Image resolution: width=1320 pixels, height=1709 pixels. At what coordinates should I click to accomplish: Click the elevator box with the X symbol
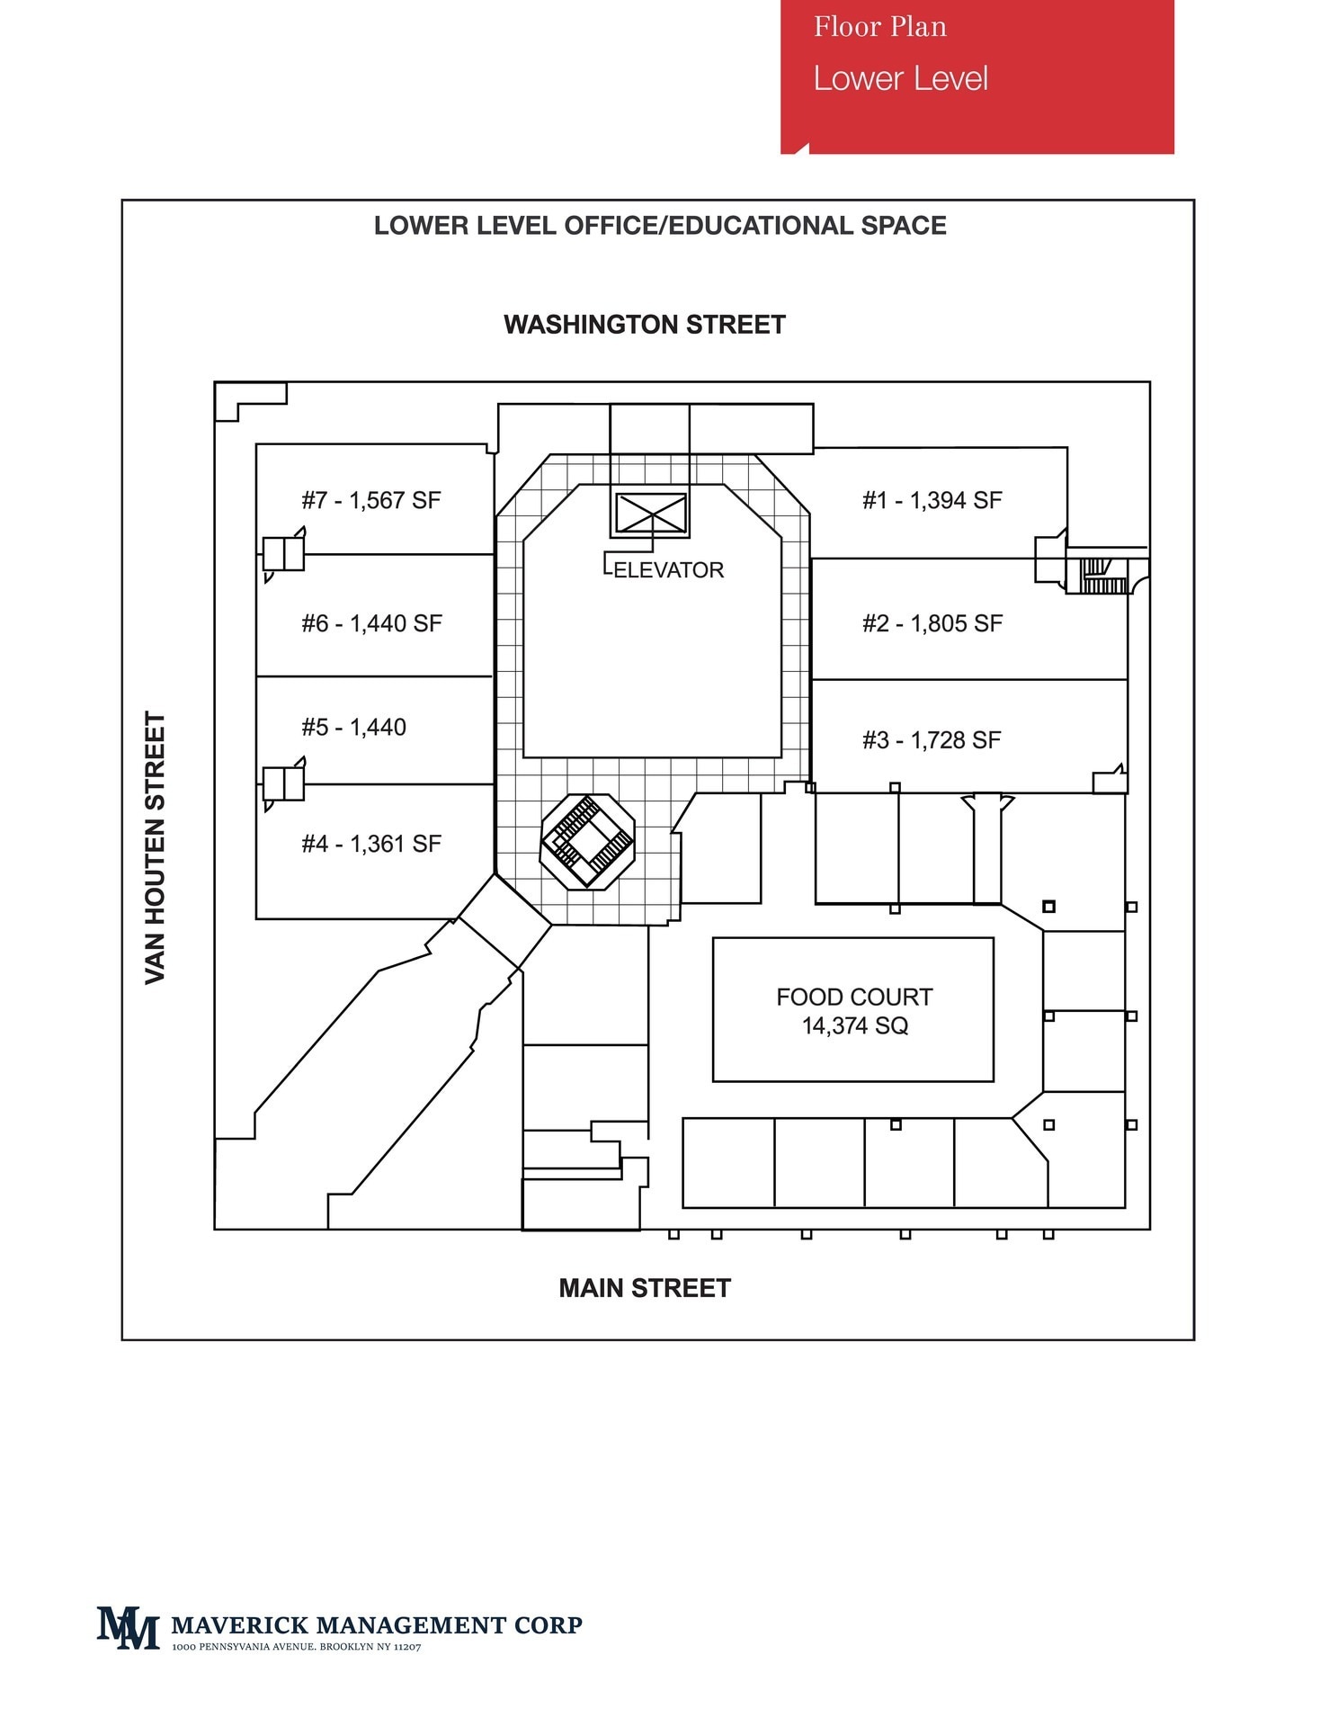tap(650, 514)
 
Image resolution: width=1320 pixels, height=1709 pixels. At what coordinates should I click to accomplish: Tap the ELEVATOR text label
tap(668, 570)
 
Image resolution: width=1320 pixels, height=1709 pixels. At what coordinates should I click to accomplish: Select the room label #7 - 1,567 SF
tap(371, 500)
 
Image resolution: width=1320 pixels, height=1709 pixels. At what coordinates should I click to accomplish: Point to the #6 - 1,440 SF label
tap(371, 623)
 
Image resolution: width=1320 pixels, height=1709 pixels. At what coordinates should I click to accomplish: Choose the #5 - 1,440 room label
tap(353, 727)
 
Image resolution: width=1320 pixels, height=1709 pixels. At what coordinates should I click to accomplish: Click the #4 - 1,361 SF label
tap(371, 844)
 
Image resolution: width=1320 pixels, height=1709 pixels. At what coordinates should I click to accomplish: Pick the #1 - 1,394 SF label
tap(932, 500)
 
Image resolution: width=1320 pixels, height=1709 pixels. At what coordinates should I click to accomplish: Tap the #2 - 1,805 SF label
tap(932, 623)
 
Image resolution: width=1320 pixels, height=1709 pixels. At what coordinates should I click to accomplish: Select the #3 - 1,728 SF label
tap(931, 740)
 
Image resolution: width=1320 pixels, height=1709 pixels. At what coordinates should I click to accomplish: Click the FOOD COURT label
tap(853, 997)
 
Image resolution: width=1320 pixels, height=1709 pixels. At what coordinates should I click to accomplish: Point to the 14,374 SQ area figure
tap(854, 1025)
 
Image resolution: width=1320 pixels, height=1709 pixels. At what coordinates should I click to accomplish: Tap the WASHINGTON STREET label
tap(645, 325)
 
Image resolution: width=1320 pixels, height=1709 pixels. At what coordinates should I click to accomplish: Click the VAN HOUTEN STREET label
tap(156, 847)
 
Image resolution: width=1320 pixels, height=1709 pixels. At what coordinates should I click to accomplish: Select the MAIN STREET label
tap(645, 1288)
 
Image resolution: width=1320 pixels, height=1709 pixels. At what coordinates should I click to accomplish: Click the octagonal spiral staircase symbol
tap(587, 841)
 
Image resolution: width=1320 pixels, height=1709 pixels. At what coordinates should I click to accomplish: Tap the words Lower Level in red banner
tap(900, 79)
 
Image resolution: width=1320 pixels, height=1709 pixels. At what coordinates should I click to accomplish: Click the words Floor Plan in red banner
tap(879, 27)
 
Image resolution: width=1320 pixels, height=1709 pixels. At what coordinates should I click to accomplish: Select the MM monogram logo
tap(128, 1627)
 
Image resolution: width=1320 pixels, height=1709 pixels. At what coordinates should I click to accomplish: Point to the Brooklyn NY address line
tap(297, 1647)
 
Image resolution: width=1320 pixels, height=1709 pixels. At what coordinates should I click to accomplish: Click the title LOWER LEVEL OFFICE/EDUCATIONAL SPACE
tap(660, 226)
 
